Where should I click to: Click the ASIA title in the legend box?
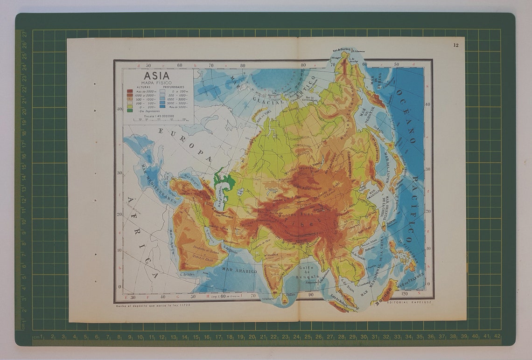pos(156,76)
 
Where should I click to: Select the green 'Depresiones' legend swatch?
pos(130,111)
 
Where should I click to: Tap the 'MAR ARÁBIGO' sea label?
pos(239,270)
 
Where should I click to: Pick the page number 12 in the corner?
pos(455,45)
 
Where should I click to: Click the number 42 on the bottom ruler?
pos(497,336)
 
